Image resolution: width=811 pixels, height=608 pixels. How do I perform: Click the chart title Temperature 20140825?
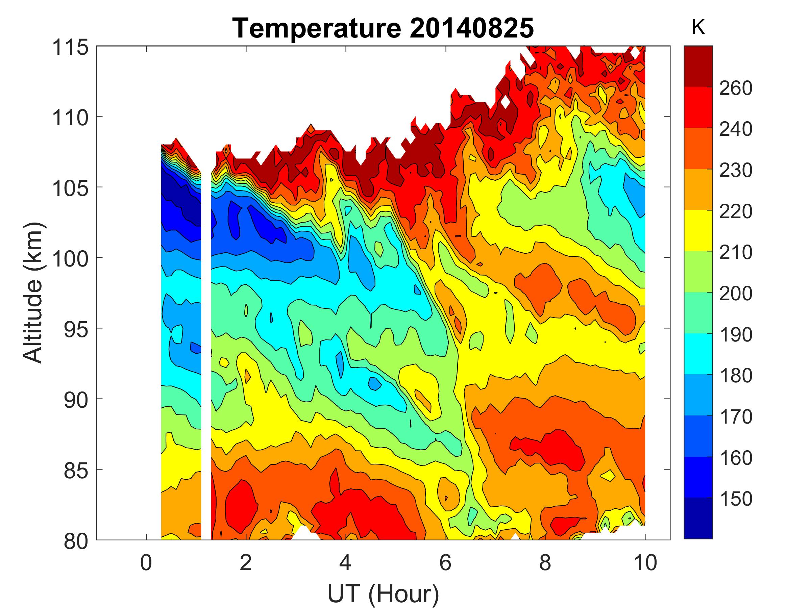[x=383, y=28]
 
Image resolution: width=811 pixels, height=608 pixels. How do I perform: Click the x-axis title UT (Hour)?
[x=383, y=593]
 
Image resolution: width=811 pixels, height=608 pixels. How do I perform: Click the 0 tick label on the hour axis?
[x=146, y=562]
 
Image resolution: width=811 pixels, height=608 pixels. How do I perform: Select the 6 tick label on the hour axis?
[x=445, y=562]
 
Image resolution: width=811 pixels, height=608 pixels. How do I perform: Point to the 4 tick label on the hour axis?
[x=345, y=562]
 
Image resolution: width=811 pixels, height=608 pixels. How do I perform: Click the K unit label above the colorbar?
[x=698, y=27]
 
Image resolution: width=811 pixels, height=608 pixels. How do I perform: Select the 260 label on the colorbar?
[x=735, y=88]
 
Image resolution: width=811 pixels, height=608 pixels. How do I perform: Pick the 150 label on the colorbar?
[x=735, y=499]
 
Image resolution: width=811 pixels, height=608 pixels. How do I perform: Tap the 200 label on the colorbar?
[x=735, y=294]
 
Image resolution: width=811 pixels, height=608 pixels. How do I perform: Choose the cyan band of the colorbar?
[x=698, y=354]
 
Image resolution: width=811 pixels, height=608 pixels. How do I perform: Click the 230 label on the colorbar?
[x=735, y=171]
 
